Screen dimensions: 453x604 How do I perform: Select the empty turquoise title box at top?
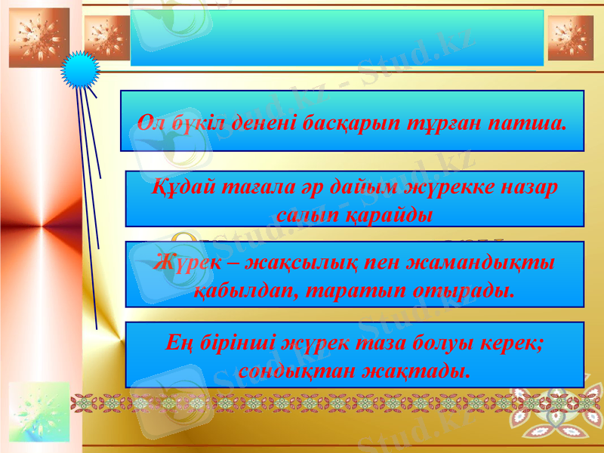click(x=337, y=38)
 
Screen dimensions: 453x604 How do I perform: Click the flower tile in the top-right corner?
click(x=570, y=38)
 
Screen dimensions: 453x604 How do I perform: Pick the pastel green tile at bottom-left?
click(x=39, y=411)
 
